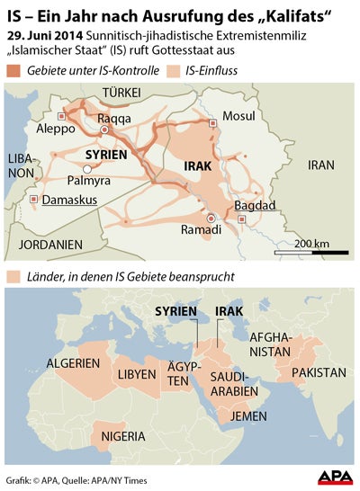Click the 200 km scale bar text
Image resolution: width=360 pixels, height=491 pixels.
[310, 244]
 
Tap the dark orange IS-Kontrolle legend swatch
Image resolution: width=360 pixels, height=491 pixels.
[14, 71]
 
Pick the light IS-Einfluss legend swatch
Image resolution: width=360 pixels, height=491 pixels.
[185, 71]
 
